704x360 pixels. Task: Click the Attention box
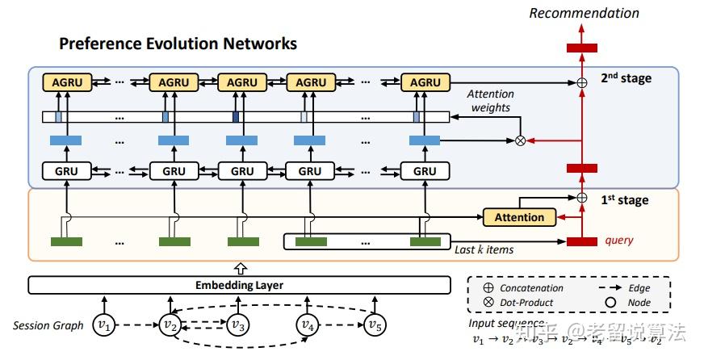tap(519, 217)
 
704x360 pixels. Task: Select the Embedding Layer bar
tap(240, 285)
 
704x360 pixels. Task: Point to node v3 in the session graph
tap(237, 325)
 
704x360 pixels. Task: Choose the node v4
tap(306, 325)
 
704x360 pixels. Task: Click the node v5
tap(374, 325)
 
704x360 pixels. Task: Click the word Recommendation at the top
tap(584, 13)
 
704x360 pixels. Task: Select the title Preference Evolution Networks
tap(178, 44)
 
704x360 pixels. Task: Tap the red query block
tap(581, 241)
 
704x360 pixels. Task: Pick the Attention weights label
tap(490, 100)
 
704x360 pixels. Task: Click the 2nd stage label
tap(626, 79)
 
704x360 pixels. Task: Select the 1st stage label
tap(625, 199)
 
